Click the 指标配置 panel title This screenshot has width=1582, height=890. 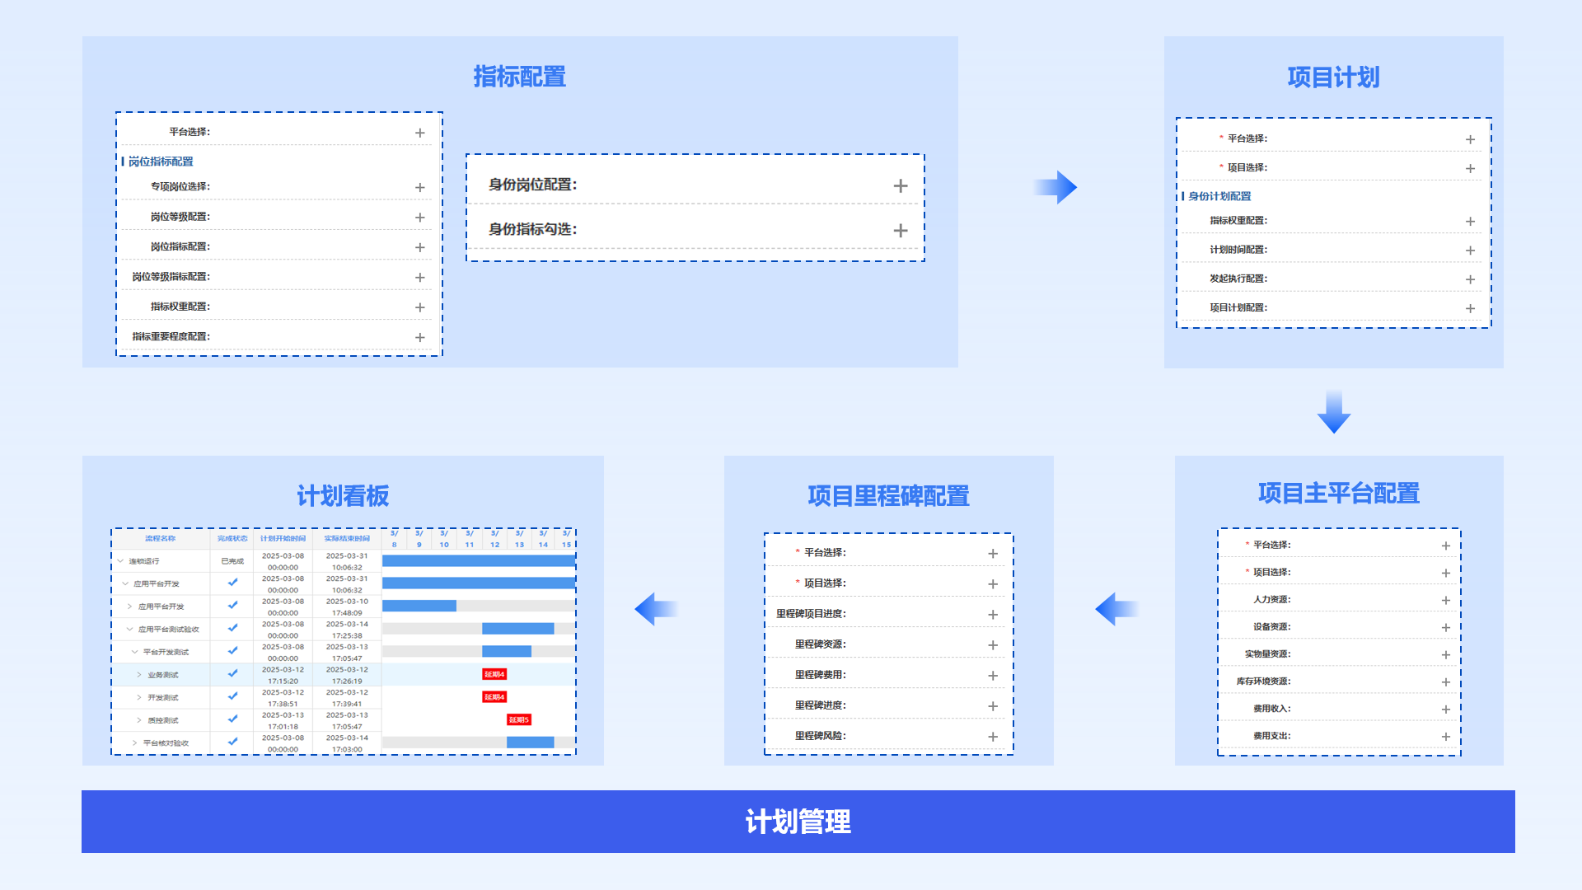tap(519, 77)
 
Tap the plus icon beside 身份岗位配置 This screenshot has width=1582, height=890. tap(901, 186)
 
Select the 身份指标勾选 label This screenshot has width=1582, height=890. tap(532, 229)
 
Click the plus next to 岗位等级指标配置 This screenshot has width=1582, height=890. tap(420, 278)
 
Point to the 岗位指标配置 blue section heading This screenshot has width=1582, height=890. tap(161, 162)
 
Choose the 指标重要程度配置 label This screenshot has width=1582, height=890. tap(171, 336)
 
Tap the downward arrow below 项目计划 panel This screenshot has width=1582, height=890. tap(1333, 412)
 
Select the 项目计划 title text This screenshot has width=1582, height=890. tap(1333, 77)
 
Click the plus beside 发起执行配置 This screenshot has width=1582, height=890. tap(1470, 279)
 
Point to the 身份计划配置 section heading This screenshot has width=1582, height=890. tap(1219, 196)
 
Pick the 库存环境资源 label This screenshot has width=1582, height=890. tap(1263, 682)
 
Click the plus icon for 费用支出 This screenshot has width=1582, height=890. tap(1445, 737)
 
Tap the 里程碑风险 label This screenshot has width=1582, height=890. tap(820, 736)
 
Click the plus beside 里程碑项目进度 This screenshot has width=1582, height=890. tap(993, 615)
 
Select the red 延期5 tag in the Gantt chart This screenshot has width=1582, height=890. tap(518, 719)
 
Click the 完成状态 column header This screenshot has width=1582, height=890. tap(232, 539)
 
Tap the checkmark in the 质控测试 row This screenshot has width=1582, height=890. tap(232, 719)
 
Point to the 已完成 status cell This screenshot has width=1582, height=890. tap(232, 561)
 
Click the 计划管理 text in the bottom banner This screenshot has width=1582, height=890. tap(798, 822)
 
